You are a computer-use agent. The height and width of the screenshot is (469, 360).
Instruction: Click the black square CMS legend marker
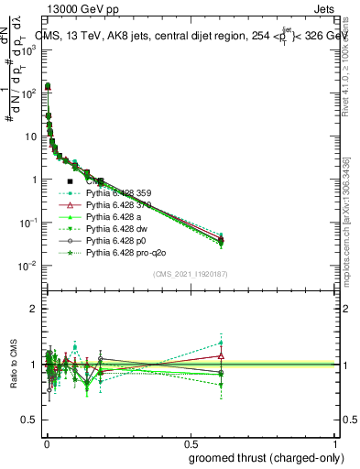pos(70,181)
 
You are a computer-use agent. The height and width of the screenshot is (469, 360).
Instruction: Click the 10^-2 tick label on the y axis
pos(27,266)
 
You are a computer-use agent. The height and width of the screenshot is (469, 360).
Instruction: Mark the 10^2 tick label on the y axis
pos(27,93)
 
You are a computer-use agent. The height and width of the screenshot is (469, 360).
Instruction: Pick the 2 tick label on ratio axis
pos(31,309)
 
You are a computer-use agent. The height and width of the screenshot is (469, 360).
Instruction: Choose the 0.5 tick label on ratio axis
pos(27,420)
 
